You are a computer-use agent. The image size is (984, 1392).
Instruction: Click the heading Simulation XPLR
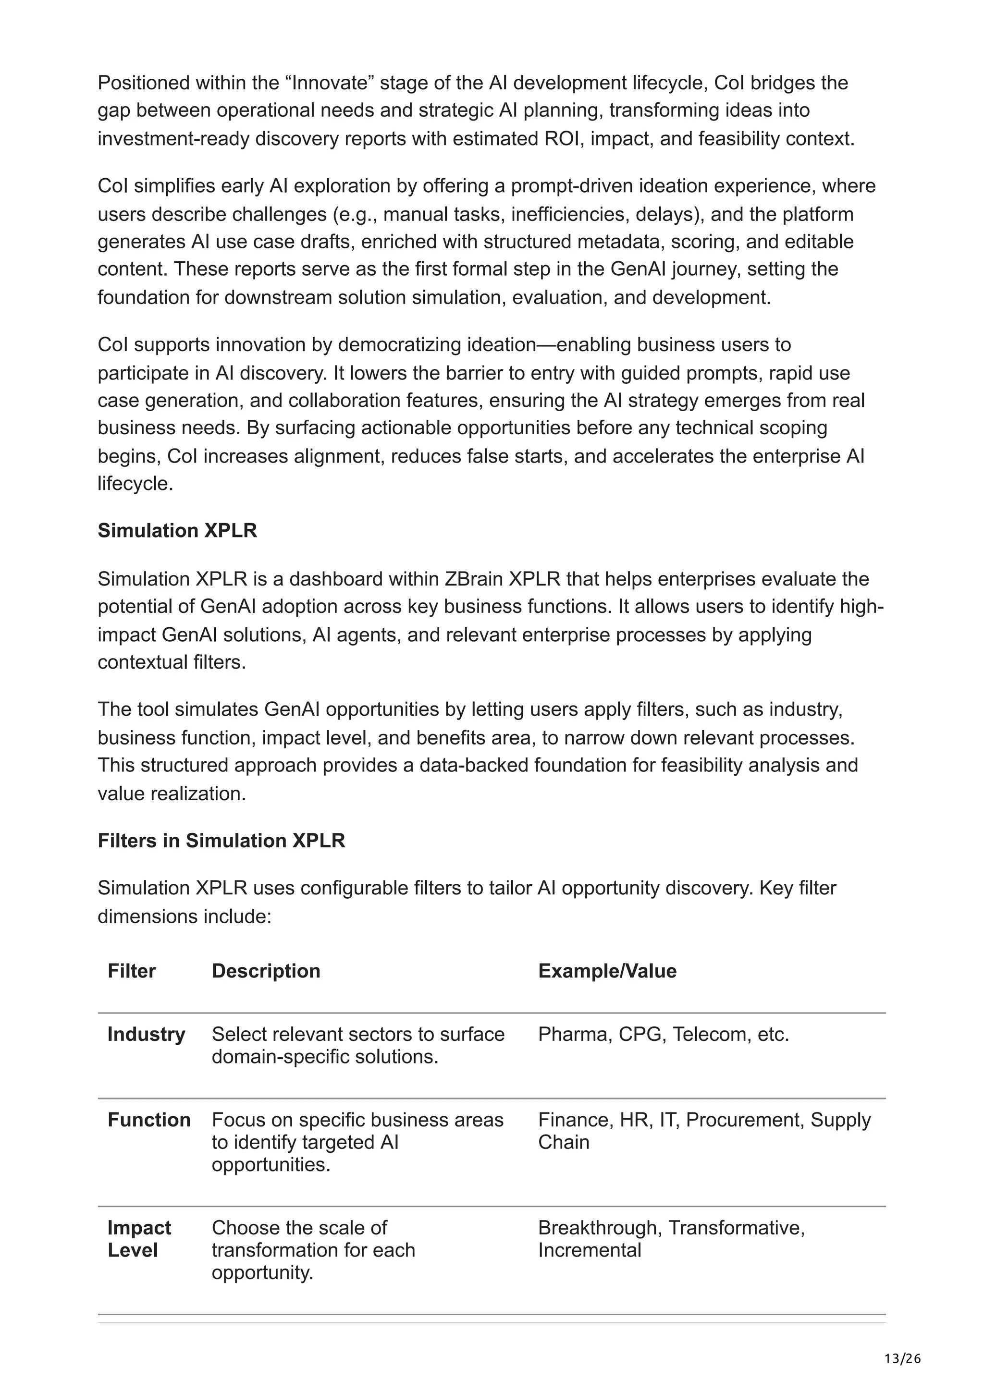pos(177,530)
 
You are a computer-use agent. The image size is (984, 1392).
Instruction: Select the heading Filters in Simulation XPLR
pos(221,840)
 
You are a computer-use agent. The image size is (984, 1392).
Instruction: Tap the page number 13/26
pos(902,1359)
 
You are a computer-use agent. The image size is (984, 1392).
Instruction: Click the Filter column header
pos(132,971)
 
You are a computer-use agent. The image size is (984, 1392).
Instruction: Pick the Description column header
pos(266,971)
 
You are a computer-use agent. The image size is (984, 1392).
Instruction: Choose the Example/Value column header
pos(607,971)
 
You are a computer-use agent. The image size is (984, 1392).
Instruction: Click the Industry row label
pos(146,1034)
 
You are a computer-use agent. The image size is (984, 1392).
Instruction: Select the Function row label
pos(148,1119)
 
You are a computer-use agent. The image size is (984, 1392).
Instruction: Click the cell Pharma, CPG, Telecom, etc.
pos(663,1034)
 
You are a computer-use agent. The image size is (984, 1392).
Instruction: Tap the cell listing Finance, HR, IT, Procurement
pos(703,1130)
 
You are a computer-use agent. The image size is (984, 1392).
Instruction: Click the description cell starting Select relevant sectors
pos(357,1045)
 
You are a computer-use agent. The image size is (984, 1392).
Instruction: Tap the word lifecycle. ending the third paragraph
pos(135,484)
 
